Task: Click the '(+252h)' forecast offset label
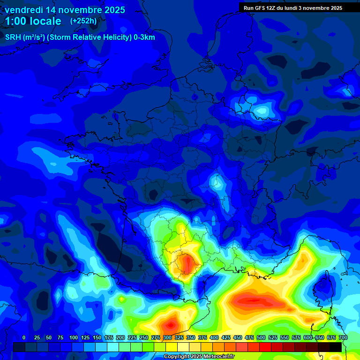tap(83, 21)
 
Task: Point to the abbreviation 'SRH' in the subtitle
tap(13, 37)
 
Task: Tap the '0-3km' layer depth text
tap(144, 37)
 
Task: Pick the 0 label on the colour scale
tap(24, 337)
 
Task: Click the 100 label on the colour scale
tap(74, 337)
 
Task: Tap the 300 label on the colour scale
tap(167, 337)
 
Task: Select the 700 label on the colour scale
tap(343, 337)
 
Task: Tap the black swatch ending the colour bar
tap(336, 347)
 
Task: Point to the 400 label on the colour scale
tap(214, 337)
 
